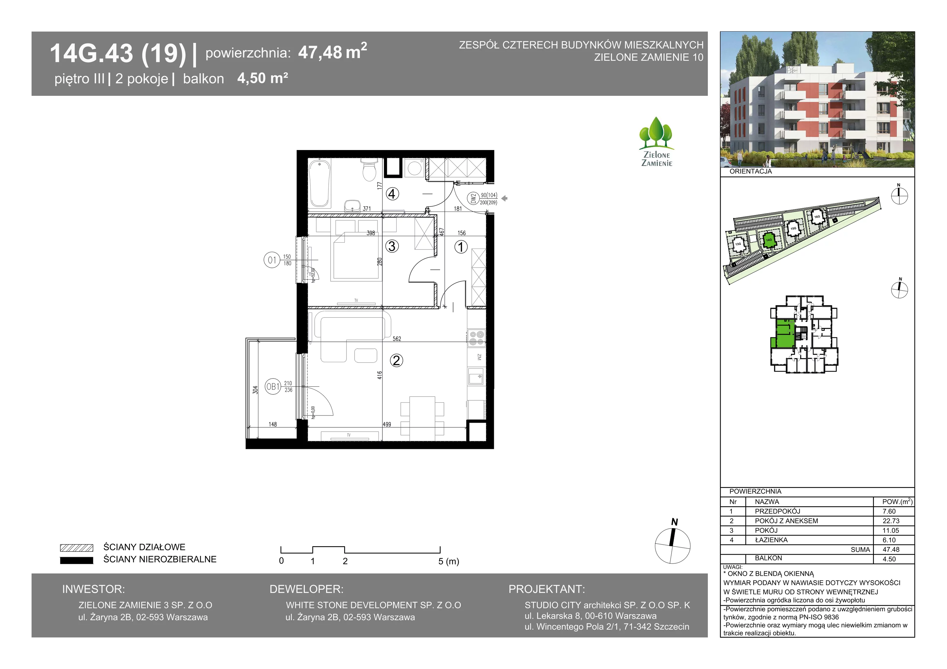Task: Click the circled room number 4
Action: [392, 194]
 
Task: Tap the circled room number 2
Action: [396, 360]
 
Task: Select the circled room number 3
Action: [392, 246]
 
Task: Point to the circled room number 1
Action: [461, 247]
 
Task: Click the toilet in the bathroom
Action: [369, 170]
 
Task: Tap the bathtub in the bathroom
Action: [321, 183]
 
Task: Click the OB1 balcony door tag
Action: [273, 386]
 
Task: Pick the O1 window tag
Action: [272, 260]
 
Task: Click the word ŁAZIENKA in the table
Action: [771, 540]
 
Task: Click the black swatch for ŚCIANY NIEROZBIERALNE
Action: [77, 560]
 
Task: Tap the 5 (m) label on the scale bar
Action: [449, 561]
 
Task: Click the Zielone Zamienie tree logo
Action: [657, 141]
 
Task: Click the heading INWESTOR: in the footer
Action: [93, 589]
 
